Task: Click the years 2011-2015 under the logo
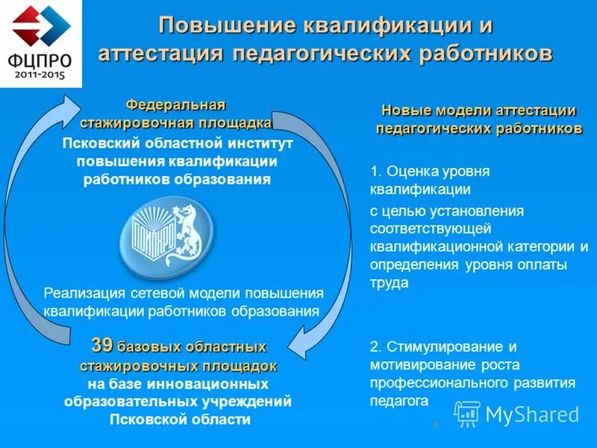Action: [42, 75]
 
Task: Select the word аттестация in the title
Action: [160, 54]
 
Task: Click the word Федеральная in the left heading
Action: [175, 104]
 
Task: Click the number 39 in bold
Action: [102, 346]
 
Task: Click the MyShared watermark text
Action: [533, 414]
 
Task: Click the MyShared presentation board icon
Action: [467, 414]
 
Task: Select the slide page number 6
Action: [436, 425]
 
